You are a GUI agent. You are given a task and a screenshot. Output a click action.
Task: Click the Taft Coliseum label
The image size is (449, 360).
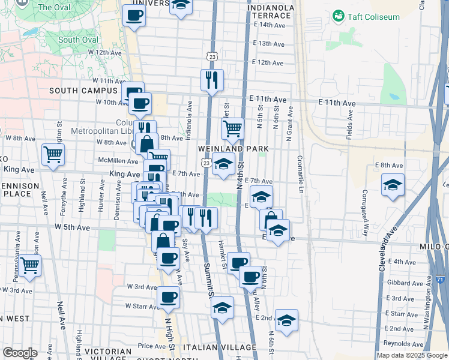pyautogui.click(x=373, y=17)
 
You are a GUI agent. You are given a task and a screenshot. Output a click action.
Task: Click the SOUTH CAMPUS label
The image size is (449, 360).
pyautogui.click(x=83, y=91)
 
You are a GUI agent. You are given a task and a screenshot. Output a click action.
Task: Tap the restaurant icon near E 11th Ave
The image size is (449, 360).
pyautogui.click(x=212, y=80)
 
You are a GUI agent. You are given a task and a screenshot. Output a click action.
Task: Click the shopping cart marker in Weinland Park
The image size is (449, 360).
pyautogui.click(x=232, y=127)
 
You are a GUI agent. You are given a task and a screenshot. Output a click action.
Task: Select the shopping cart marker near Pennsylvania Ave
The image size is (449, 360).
pyautogui.click(x=29, y=265)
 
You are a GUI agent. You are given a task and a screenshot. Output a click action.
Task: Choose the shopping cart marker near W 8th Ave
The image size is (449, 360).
pyautogui.click(x=53, y=154)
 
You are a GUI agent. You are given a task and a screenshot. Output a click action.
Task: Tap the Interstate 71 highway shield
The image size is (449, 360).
pyautogui.click(x=441, y=280)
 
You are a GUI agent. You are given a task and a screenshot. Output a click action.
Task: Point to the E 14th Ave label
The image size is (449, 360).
pyautogui.click(x=269, y=25)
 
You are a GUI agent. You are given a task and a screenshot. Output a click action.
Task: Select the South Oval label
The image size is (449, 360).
pyautogui.click(x=78, y=40)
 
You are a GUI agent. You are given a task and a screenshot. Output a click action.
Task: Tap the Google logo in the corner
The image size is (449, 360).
pyautogui.click(x=20, y=352)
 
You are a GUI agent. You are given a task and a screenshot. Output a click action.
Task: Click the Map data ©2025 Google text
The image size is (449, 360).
pyautogui.click(x=412, y=355)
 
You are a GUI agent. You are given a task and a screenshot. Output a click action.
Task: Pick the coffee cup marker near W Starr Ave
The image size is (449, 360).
pyautogui.click(x=169, y=296)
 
